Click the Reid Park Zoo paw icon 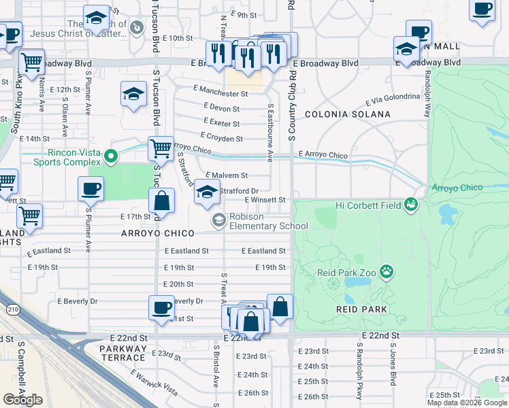point(387,272)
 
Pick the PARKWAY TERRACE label point(122,353)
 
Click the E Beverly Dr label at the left point(77,301)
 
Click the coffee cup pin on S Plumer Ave point(91,190)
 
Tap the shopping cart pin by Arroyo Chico point(161,148)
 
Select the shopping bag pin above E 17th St point(162,201)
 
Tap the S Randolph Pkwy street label point(359,371)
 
